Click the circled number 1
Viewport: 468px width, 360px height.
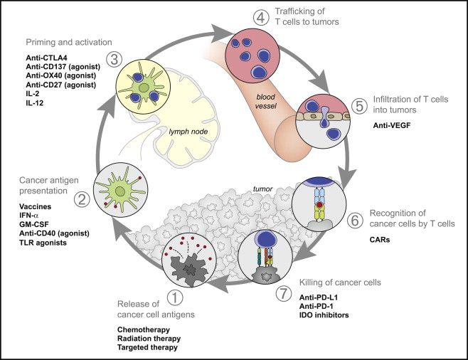(175, 297)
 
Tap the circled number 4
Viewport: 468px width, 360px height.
(261, 17)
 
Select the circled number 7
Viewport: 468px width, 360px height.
(283, 293)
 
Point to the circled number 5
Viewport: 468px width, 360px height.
(359, 106)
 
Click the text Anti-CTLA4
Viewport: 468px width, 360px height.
(46, 58)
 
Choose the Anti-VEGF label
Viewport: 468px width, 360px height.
(392, 125)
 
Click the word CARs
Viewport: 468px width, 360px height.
(380, 240)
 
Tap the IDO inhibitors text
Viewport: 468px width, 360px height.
(324, 315)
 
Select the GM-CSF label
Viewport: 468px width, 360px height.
(33, 224)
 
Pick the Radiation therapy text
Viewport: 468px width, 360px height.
(149, 339)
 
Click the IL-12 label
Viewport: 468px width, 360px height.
(35, 103)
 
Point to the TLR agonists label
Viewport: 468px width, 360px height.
(43, 243)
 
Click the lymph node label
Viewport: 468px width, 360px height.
(188, 132)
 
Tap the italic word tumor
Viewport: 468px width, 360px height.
(262, 189)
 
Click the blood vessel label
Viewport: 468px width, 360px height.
(266, 101)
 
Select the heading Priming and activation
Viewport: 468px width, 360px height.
(69, 42)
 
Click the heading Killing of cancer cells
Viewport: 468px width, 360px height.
(340, 282)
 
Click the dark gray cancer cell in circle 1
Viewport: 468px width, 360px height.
(189, 270)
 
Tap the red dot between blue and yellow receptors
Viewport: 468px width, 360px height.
(319, 205)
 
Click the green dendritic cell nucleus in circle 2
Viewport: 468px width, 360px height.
(120, 191)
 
